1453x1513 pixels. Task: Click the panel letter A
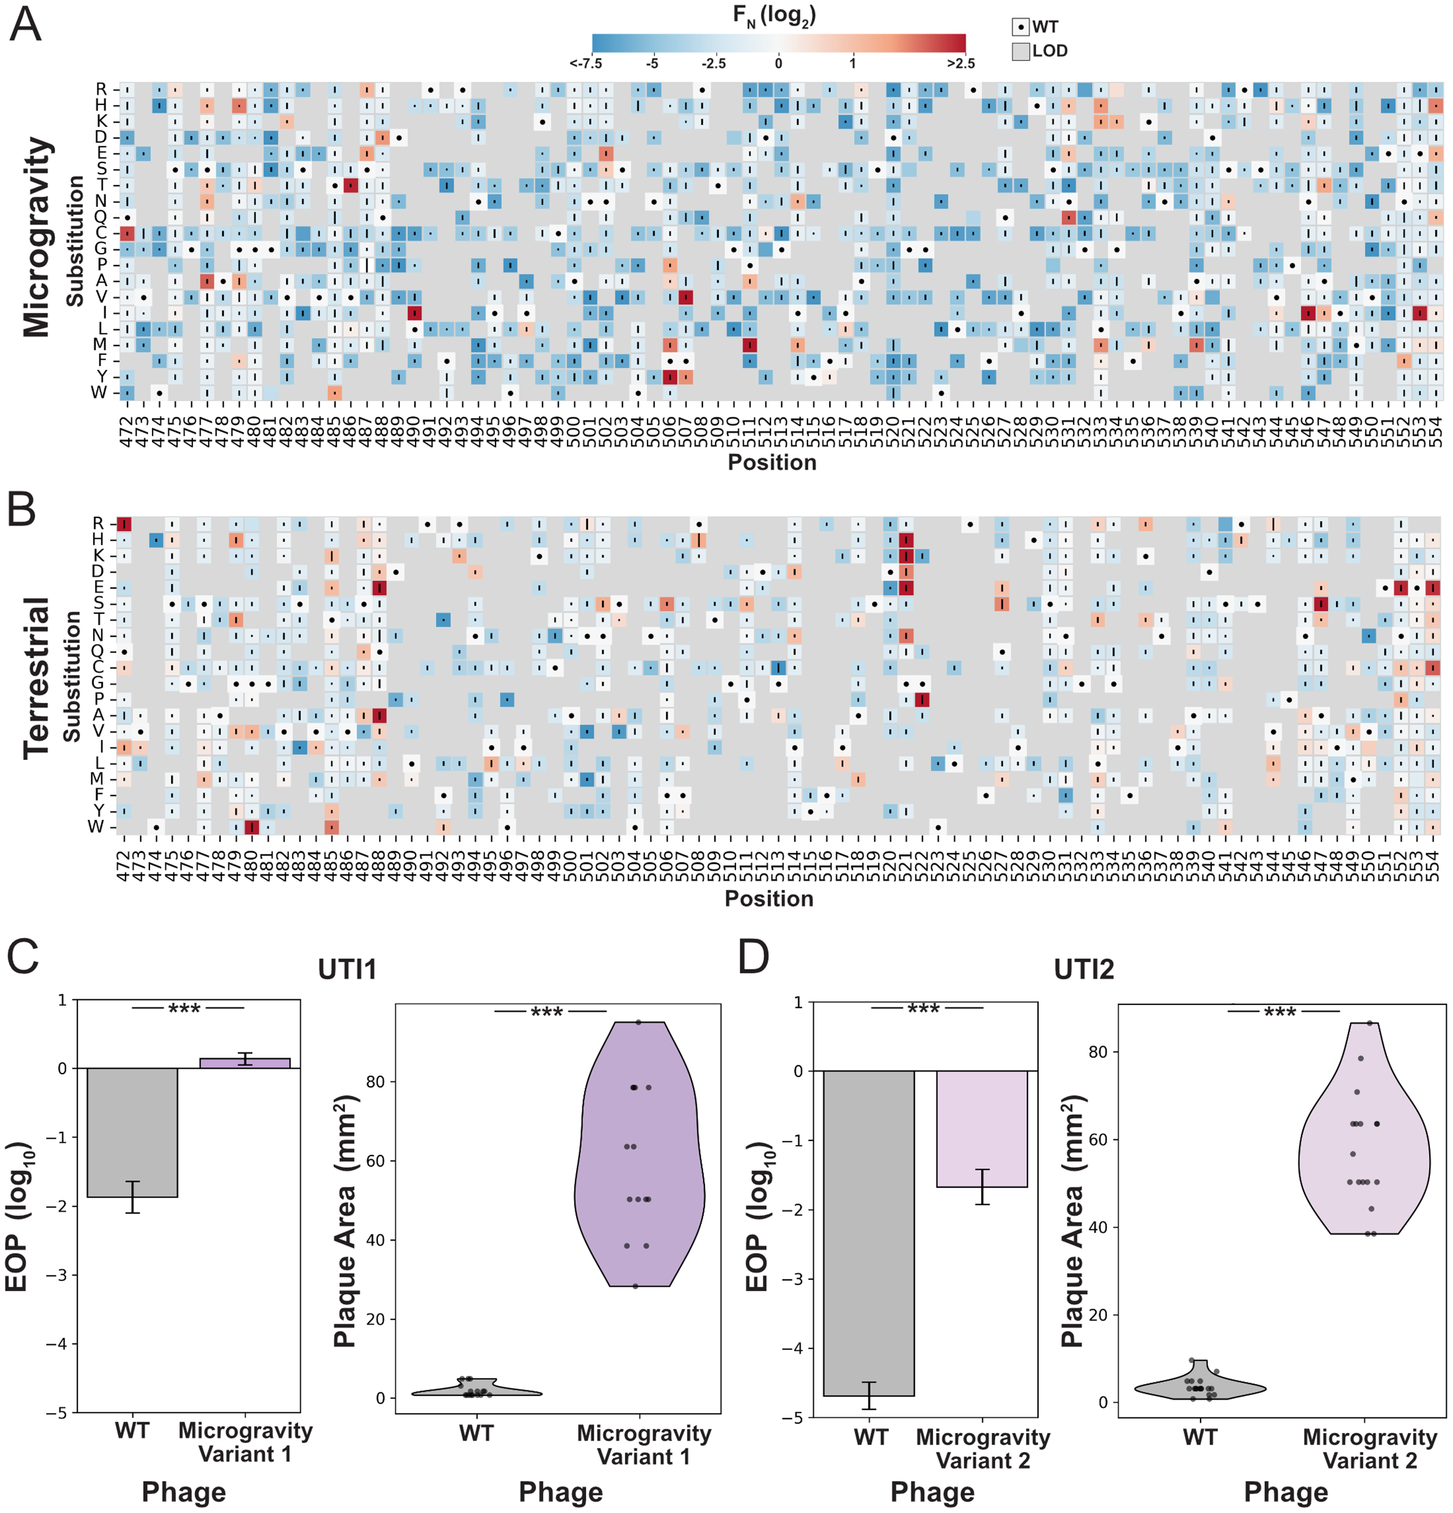[x=25, y=25]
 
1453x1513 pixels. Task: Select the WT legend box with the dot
[x=1020, y=27]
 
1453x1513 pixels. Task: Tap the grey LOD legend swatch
[x=1020, y=52]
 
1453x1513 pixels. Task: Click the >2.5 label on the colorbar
[x=961, y=63]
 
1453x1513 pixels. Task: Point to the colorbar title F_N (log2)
[x=774, y=16]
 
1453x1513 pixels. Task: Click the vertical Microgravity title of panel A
[x=36, y=237]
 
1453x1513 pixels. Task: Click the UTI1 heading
[x=347, y=969]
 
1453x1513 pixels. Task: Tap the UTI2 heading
[x=1083, y=969]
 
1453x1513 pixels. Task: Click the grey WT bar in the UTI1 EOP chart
[x=132, y=1132]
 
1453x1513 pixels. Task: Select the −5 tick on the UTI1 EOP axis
[x=56, y=1412]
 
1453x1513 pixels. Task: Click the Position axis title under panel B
[x=768, y=899]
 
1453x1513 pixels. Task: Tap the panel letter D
[x=753, y=957]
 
